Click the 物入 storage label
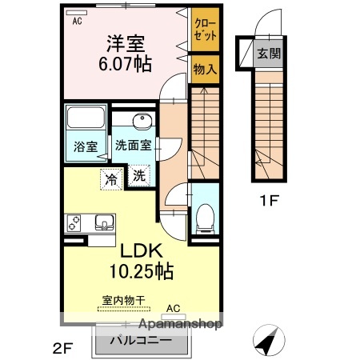(204, 70)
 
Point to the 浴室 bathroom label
(86, 146)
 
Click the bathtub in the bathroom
(86, 120)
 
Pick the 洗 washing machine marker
(138, 175)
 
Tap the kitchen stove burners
(75, 222)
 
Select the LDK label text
(142, 250)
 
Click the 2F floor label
(62, 349)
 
